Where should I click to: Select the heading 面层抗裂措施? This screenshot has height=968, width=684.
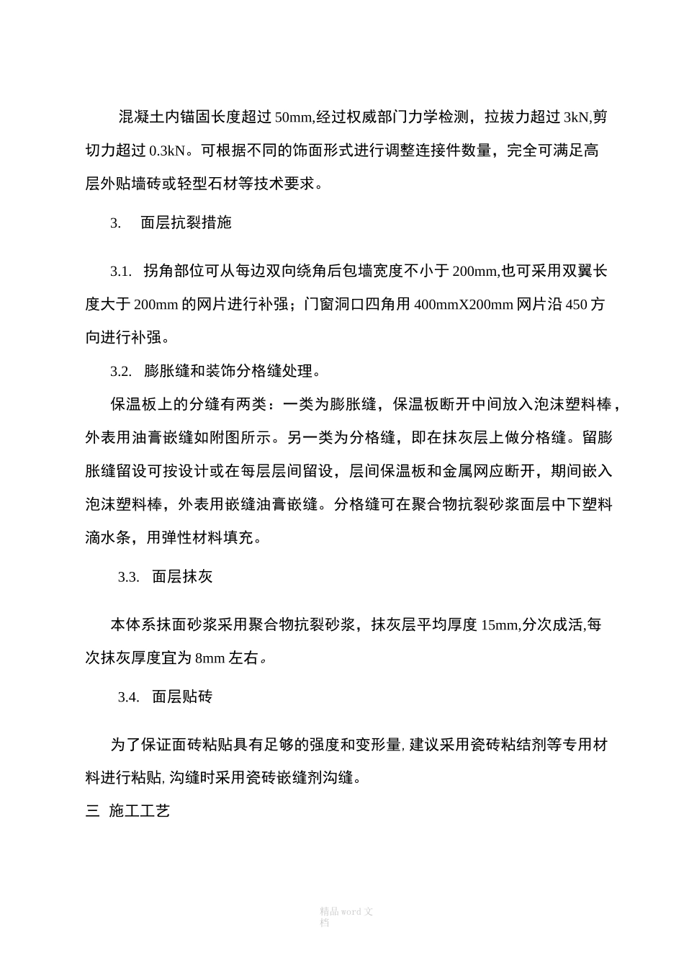coord(186,223)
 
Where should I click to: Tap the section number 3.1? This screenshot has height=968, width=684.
coord(121,272)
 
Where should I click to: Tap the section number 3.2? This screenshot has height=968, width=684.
coord(121,372)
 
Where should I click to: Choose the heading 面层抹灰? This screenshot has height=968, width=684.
coord(182,577)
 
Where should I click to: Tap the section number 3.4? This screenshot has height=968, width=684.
coord(129,697)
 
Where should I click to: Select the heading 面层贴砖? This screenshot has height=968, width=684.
coord(182,697)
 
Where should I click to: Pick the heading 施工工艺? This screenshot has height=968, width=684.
coord(140,812)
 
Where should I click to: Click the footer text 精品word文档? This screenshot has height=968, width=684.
coord(346,916)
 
